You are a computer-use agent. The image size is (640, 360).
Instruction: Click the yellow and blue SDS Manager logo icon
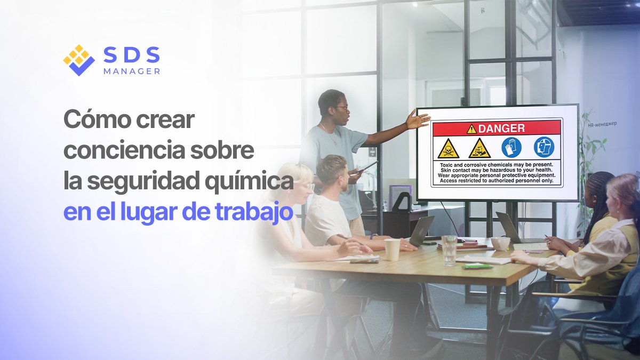(x=79, y=60)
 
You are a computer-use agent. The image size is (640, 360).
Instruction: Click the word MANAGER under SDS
(x=132, y=71)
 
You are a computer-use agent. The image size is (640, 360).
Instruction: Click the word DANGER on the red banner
(x=501, y=129)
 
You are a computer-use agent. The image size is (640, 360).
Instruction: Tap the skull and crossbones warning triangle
(x=449, y=149)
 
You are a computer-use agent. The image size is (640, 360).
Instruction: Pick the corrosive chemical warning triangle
(x=479, y=148)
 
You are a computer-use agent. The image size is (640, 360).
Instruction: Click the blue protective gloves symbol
(x=511, y=147)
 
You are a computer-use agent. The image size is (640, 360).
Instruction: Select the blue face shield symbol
(x=544, y=147)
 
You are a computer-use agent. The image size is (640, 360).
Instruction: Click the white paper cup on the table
(x=393, y=250)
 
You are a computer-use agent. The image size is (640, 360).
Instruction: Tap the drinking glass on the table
(x=449, y=250)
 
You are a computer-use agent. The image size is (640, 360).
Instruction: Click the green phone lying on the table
(x=477, y=267)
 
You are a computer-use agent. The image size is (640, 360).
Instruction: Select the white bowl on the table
(x=500, y=243)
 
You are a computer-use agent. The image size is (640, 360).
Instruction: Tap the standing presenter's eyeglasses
(x=342, y=108)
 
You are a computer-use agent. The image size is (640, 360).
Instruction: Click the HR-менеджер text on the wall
(x=602, y=124)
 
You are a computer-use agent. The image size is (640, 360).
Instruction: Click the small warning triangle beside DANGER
(x=471, y=130)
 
